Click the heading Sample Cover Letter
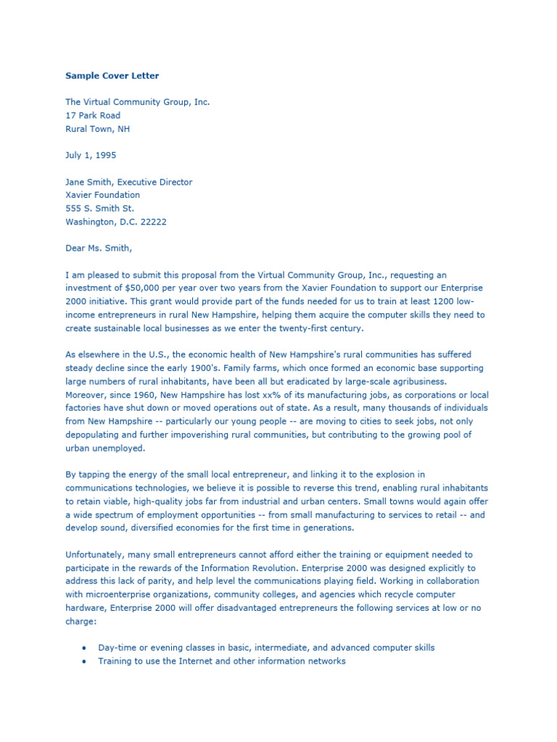pyautogui.click(x=112, y=75)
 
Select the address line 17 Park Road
pyautogui.click(x=93, y=115)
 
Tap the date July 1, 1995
pyautogui.click(x=91, y=155)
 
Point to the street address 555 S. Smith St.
pyautogui.click(x=99, y=209)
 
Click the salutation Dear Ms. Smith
pyautogui.click(x=99, y=249)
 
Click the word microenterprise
pyautogui.click(x=120, y=594)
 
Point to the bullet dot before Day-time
pyautogui.click(x=86, y=648)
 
